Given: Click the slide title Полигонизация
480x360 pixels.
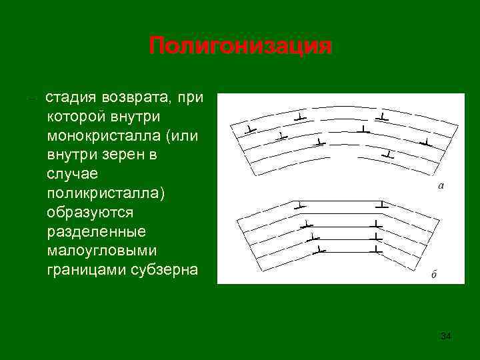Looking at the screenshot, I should click(240, 47).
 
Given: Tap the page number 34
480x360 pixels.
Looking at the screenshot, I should click(446, 336).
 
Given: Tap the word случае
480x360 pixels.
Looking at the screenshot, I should click(70, 174).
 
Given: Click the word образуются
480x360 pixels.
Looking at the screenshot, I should click(90, 213).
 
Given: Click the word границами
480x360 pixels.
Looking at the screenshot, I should click(84, 271).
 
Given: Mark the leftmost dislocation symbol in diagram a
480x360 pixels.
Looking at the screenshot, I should click(247, 128).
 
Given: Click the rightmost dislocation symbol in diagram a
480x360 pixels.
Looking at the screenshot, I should click(425, 142).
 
